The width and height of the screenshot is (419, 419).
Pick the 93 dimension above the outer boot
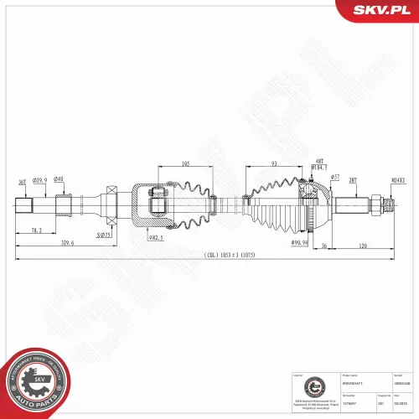point(274,164)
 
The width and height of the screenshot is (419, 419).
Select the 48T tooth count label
point(318,160)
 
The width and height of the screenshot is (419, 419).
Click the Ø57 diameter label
point(335,178)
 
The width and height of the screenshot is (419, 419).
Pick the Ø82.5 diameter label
point(156,238)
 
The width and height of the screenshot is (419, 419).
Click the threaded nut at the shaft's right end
point(386,204)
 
